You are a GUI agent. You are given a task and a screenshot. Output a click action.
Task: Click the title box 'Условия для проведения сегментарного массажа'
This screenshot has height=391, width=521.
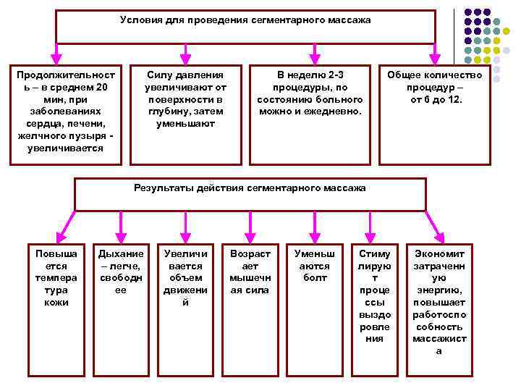[x=245, y=27]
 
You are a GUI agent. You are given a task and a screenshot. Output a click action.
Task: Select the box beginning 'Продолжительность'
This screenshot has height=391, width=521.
[x=65, y=112]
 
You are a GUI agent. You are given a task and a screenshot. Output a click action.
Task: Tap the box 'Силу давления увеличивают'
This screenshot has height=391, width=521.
[x=185, y=99]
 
